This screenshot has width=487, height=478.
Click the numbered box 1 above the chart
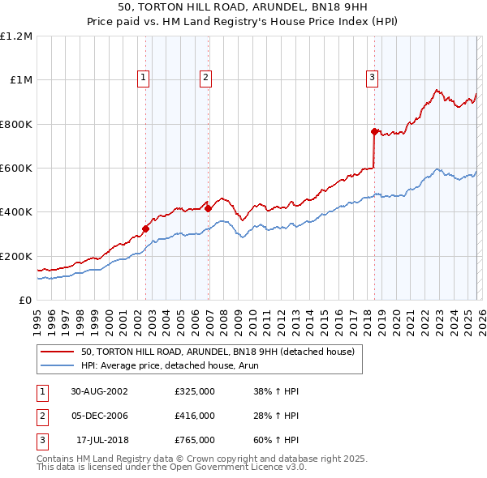143,78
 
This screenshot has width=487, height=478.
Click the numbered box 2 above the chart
205,78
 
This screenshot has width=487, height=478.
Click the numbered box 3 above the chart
372,78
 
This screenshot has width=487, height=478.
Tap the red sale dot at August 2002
146,228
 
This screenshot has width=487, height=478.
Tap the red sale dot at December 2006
208,208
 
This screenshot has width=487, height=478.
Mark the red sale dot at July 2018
374,131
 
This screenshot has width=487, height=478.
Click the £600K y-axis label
16,169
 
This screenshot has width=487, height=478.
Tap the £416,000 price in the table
195,416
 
